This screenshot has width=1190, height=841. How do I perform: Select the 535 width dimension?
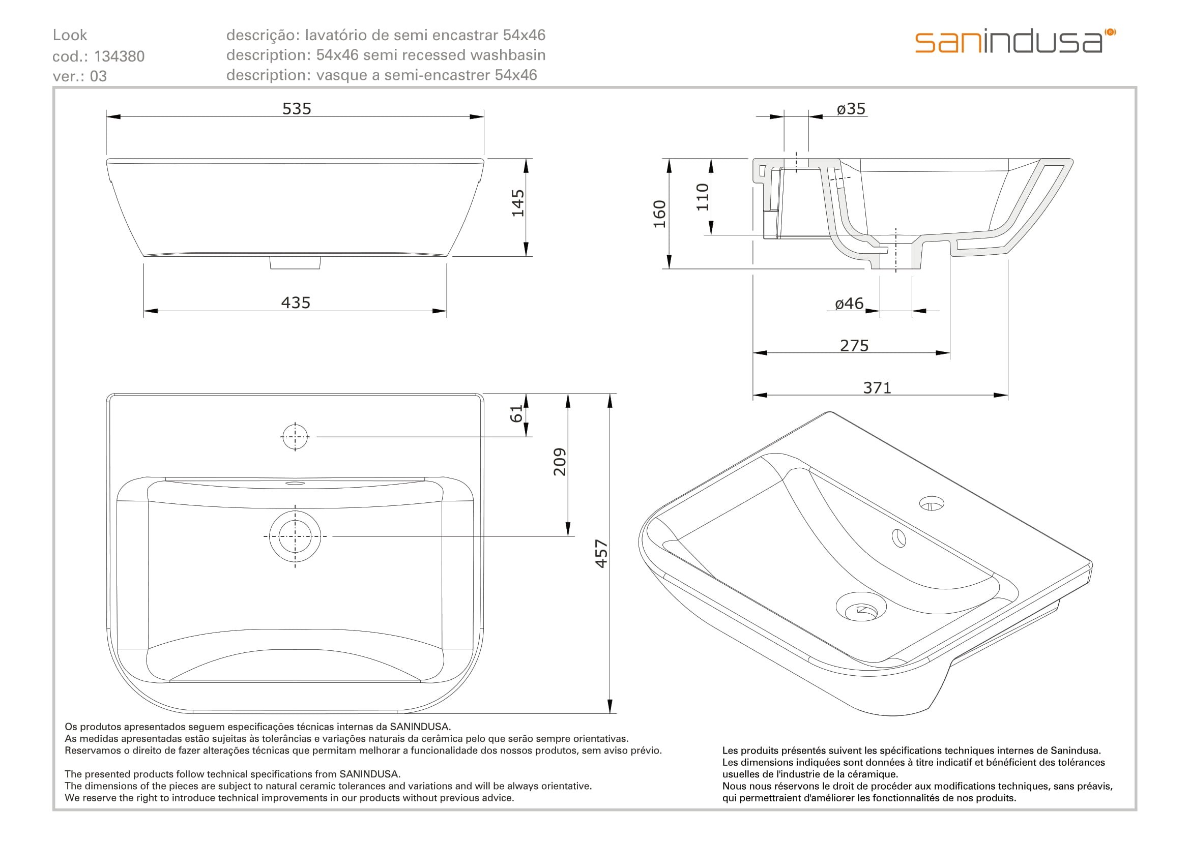297,109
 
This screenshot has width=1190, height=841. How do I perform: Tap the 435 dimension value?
296,303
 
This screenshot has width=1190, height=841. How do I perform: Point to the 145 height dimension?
518,202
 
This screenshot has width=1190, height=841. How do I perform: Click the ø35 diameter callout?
851,109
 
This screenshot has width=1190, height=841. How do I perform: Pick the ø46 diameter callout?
849,304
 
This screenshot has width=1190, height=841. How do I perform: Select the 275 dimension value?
854,345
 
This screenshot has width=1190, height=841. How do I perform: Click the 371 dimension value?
877,387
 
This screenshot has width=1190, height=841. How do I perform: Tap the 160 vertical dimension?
659,214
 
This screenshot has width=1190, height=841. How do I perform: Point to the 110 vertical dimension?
702,197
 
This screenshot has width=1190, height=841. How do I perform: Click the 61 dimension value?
517,414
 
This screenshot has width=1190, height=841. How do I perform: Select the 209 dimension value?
560,461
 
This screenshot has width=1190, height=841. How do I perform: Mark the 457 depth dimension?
601,554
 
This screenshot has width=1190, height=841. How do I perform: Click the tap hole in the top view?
295,437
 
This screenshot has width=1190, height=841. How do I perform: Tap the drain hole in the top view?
295,536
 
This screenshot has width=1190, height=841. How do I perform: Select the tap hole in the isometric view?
932,503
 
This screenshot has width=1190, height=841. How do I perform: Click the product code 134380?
119,56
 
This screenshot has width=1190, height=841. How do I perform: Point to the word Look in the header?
70,35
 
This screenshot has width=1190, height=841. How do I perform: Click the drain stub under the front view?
295,262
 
